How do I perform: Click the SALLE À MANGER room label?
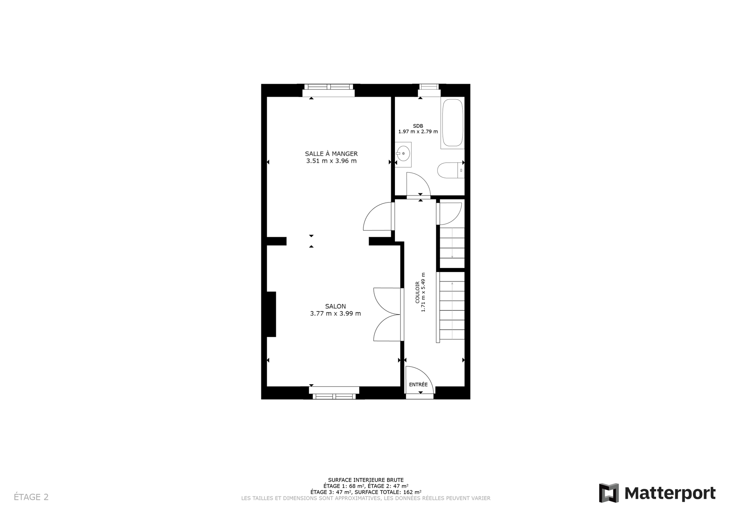tap(331, 154)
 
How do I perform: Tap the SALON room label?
tap(336, 306)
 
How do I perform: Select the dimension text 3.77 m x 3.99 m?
tap(336, 314)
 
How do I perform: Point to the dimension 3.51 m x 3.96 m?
tap(331, 161)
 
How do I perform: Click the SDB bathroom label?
tap(418, 126)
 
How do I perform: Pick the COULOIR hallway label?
tap(417, 293)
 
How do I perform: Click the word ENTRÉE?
tap(418, 385)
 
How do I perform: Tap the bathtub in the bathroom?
tap(453, 123)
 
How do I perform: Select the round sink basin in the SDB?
tap(404, 153)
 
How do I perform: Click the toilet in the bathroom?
tap(451, 170)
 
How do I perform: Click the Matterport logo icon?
tap(609, 493)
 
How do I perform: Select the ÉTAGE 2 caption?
tap(31, 497)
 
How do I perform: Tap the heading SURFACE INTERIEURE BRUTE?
tap(366, 480)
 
